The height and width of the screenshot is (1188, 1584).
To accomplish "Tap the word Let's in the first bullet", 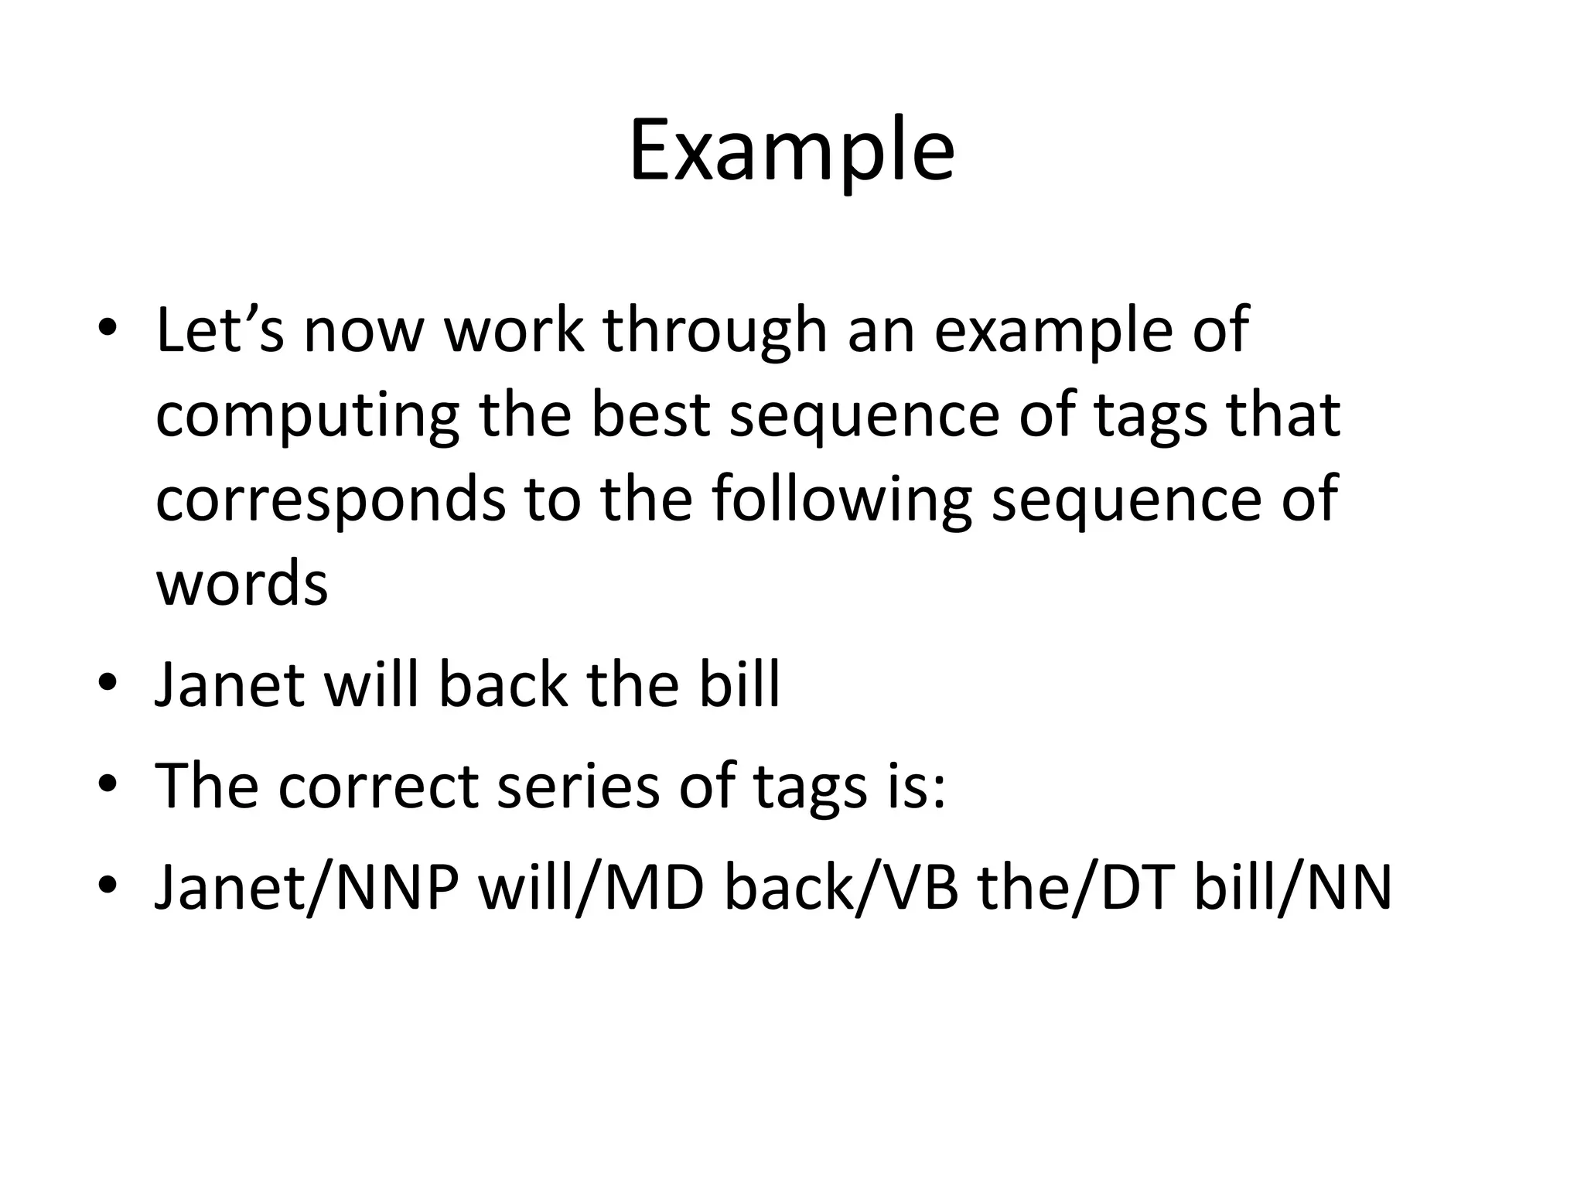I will (x=220, y=330).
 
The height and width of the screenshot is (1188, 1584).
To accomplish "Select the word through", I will (x=715, y=330).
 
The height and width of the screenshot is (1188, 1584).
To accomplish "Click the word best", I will (x=650, y=415).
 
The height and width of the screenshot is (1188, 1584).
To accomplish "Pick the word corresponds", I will (x=330, y=501).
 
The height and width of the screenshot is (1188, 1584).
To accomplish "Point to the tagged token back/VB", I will (x=841, y=887).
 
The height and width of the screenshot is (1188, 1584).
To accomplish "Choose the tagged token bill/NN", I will (x=1292, y=887).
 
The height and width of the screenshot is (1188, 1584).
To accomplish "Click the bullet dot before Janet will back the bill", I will (x=108, y=684).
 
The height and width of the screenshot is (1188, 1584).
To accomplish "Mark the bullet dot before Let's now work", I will (x=108, y=330).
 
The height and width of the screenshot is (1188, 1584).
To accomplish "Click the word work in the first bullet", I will (x=514, y=330).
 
